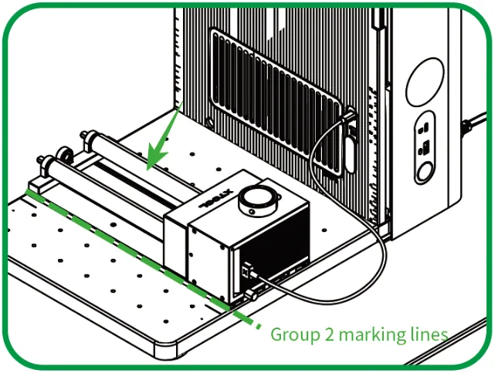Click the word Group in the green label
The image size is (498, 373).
coord(296,335)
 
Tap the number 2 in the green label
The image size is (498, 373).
coord(330,334)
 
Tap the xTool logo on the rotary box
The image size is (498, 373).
coord(216,199)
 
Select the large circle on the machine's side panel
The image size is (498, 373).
coord(425,82)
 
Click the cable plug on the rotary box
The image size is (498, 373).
coord(249,271)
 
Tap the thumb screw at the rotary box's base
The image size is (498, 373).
coord(251,295)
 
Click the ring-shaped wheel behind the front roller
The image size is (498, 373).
coord(65,153)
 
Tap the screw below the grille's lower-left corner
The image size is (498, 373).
coord(209,121)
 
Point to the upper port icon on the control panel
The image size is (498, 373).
coord(424,128)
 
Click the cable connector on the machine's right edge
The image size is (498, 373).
coord(467,126)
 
